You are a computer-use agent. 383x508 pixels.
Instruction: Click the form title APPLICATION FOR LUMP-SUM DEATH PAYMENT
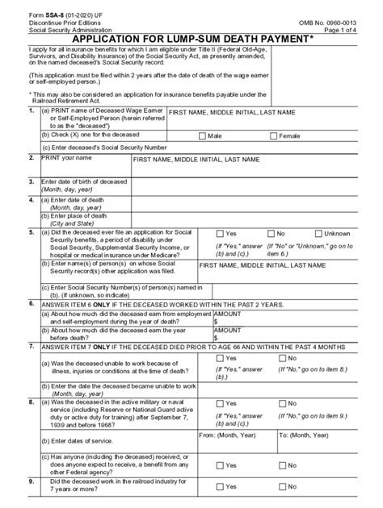191,37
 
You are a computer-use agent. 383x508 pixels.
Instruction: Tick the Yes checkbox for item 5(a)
218,233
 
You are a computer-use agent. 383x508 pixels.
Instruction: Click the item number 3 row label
31,182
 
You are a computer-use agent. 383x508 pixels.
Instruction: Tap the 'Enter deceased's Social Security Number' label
99,148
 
